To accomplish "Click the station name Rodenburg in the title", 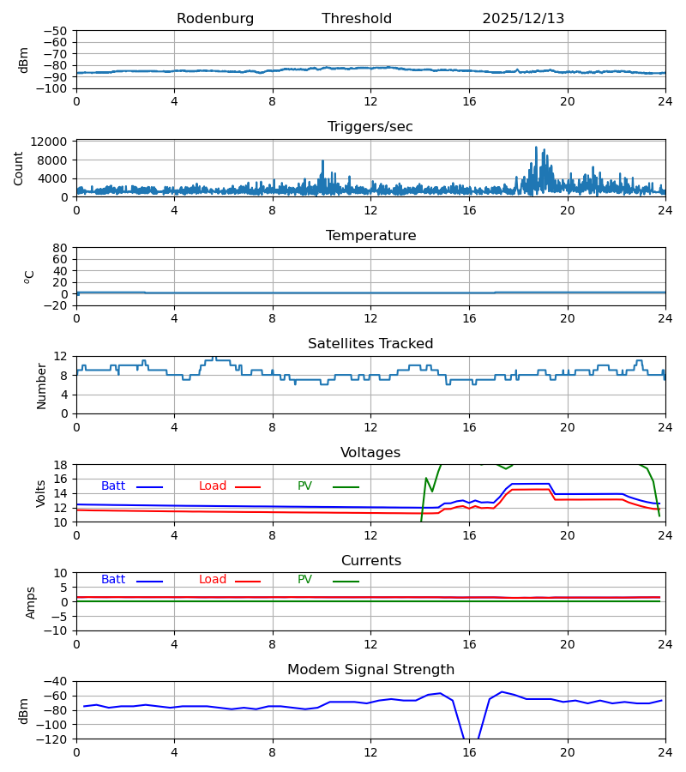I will [215, 19].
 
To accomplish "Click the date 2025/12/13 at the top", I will [523, 19].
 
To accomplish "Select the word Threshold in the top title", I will [357, 19].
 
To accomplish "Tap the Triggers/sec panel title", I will [370, 127].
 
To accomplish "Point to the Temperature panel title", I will [370, 236].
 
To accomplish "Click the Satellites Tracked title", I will [370, 344].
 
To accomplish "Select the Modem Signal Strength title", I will [370, 670].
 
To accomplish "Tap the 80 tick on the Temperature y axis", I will [61, 248].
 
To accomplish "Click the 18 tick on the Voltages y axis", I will [61, 465].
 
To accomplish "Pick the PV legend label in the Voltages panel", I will [304, 486].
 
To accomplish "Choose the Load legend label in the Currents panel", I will [213, 580].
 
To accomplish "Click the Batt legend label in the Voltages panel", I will [113, 486].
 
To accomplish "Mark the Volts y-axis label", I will [42, 493].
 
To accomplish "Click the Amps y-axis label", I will [32, 602].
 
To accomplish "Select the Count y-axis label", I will [20, 168].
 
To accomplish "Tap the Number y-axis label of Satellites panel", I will [42, 385].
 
